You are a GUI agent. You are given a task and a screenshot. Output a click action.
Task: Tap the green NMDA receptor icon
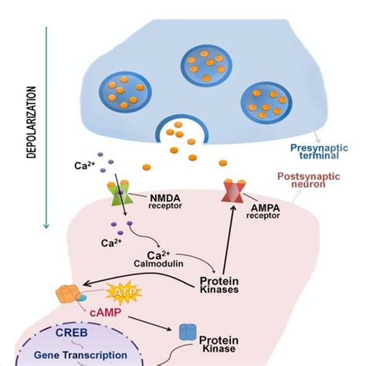pyautogui.click(x=119, y=194)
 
